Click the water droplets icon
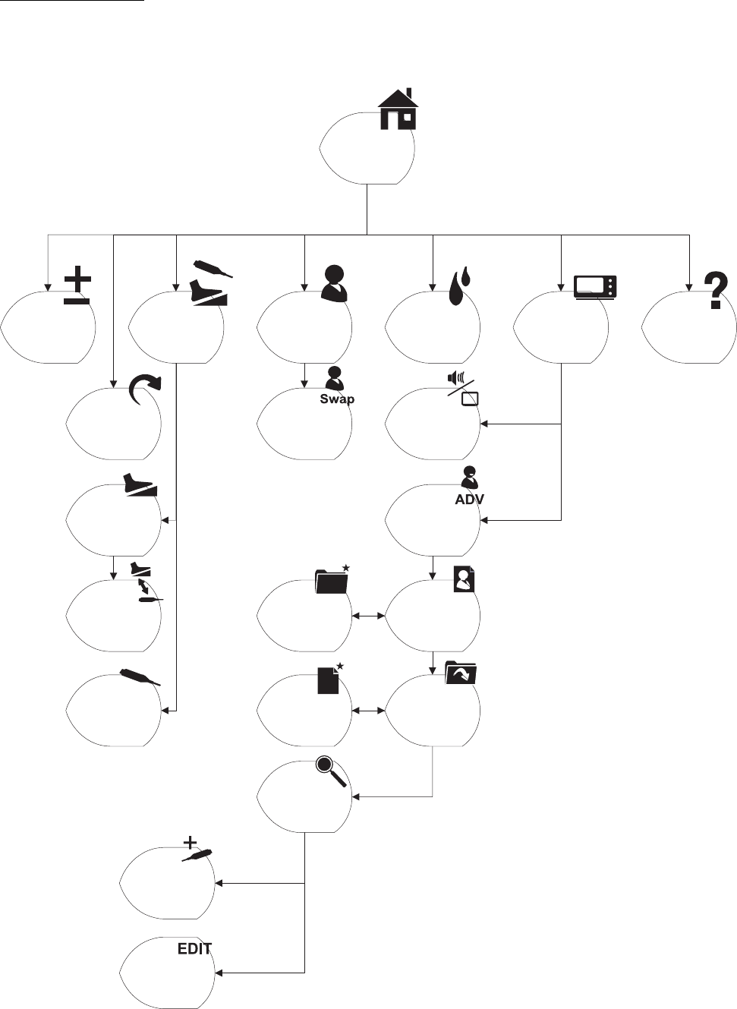click(x=459, y=288)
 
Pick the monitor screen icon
click(x=596, y=287)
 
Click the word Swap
click(x=337, y=399)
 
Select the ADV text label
click(x=469, y=500)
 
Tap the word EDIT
click(x=194, y=948)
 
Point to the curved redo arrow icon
click(x=145, y=396)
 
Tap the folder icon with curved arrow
click(x=460, y=673)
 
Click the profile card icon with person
click(x=464, y=579)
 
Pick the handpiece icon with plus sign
click(x=196, y=851)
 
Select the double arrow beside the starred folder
click(x=369, y=616)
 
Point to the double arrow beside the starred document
click(x=369, y=711)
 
